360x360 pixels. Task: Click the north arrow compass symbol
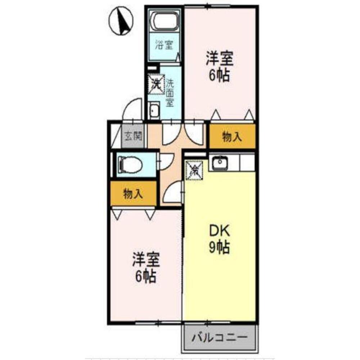pos(122,22)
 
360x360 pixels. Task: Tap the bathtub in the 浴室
pos(165,21)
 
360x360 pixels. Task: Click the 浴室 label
pos(164,45)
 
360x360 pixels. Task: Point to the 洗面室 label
pos(170,93)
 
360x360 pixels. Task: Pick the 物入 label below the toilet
pos(133,194)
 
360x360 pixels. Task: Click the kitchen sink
pos(219,164)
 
